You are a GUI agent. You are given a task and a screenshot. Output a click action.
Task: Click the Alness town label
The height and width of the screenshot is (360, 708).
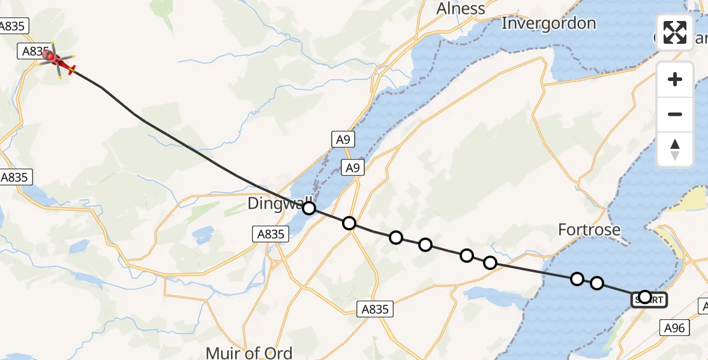click(x=461, y=8)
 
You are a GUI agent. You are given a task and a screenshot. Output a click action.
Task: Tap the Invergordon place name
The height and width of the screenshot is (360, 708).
click(x=548, y=23)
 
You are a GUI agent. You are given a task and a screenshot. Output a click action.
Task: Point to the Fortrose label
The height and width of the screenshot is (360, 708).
click(x=589, y=229)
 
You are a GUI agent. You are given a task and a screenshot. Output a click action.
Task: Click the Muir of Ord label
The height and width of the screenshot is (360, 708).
click(x=249, y=353)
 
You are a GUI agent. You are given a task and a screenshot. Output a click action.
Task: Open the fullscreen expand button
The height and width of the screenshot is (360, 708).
click(x=675, y=32)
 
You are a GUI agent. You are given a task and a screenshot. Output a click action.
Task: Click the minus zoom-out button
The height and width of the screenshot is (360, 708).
click(x=675, y=114)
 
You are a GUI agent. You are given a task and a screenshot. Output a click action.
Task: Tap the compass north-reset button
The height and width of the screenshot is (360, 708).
click(x=675, y=149)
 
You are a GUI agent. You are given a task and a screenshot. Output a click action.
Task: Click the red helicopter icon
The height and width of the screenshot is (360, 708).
click(x=56, y=59)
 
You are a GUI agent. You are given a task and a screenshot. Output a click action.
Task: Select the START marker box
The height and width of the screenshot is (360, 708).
click(x=649, y=299)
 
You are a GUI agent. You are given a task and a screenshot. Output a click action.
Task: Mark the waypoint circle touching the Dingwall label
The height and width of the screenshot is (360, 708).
click(x=308, y=208)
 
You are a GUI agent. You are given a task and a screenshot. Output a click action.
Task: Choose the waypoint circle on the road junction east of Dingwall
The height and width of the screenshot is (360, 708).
click(x=349, y=223)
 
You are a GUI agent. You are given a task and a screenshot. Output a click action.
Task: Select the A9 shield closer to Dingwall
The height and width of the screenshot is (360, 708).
click(x=353, y=169)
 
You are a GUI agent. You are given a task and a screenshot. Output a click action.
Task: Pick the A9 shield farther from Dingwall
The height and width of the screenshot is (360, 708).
click(x=341, y=140)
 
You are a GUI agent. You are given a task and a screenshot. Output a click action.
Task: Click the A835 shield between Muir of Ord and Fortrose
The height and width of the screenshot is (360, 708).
click(x=376, y=309)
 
